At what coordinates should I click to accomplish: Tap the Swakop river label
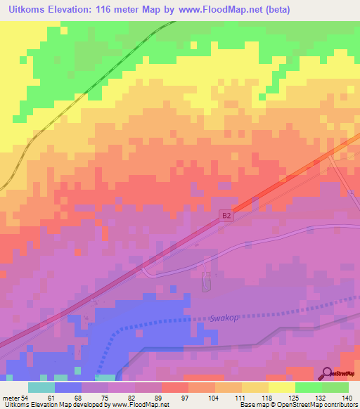pos(224,318)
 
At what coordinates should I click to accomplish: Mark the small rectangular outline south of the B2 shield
pos(206,283)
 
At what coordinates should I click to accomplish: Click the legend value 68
pos(67,398)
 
